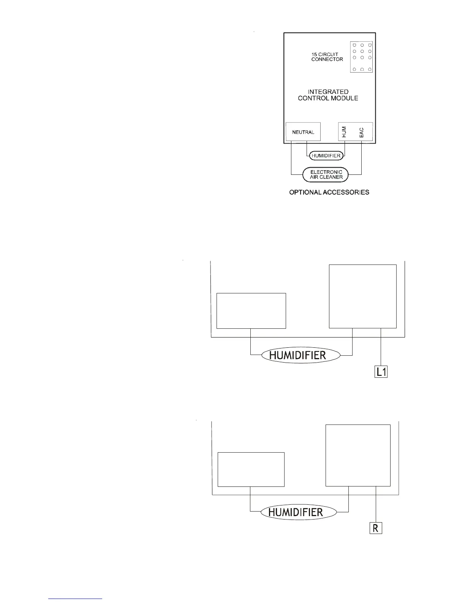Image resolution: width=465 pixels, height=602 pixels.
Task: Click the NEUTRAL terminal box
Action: coord(303,132)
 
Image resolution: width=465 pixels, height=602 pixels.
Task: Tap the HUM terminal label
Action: coord(344,132)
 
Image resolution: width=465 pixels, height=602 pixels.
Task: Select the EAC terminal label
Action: coord(361,132)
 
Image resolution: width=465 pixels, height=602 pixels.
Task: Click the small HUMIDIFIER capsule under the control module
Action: coord(326,155)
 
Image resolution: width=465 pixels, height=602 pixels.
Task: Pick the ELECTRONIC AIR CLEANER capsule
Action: coord(326,174)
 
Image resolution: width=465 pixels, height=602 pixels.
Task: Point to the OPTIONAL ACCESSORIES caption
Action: coord(329,192)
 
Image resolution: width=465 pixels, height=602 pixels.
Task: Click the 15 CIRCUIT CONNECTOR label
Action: coord(327,57)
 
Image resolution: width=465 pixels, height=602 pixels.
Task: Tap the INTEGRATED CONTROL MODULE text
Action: coord(328,95)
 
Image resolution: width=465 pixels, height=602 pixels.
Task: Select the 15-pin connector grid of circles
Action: coord(362,57)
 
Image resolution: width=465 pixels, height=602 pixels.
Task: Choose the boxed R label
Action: coord(376,528)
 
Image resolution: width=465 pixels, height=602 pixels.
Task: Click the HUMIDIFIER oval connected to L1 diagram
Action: coord(298,355)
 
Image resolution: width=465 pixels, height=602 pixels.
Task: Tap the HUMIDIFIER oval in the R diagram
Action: coord(296,512)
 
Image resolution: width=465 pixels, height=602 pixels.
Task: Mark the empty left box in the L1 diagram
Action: coord(251,311)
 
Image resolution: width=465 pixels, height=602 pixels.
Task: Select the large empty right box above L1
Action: coord(362,296)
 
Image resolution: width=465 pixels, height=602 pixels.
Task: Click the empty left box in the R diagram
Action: coord(251,469)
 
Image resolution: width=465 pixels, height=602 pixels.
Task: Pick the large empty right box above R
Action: coord(358,455)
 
